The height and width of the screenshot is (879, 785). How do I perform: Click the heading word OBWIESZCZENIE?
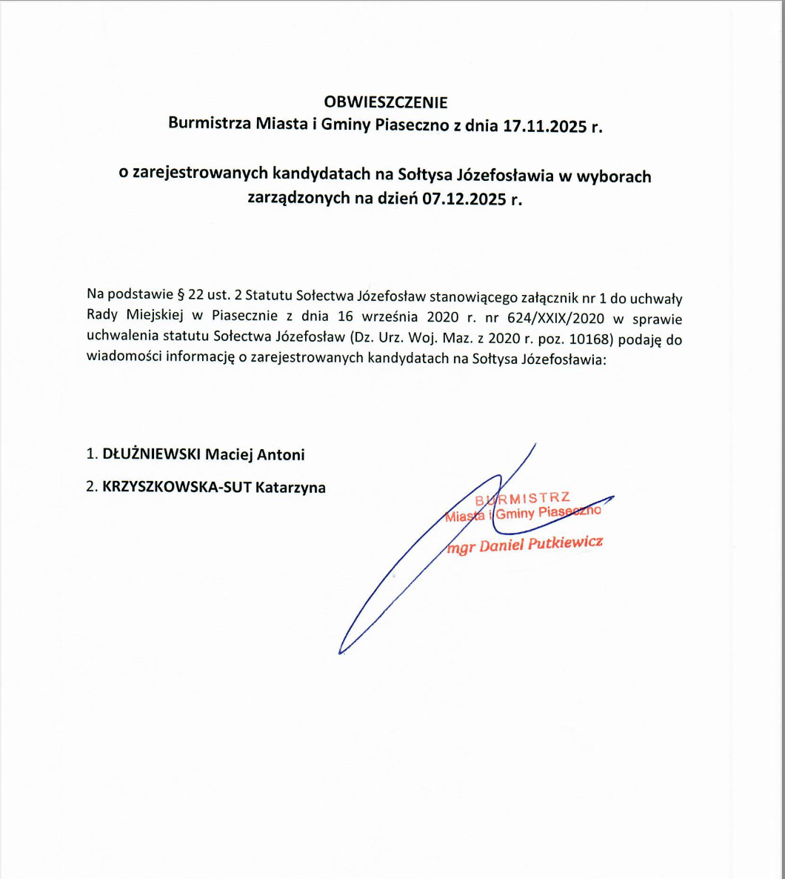coord(386,102)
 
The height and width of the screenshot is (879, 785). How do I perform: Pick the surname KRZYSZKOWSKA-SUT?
coord(177,487)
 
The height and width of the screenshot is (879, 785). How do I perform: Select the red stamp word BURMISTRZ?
coord(523,498)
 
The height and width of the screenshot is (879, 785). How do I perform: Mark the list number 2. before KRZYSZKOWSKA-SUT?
coord(92,487)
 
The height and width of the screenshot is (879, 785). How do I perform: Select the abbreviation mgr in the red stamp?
coord(461,549)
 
